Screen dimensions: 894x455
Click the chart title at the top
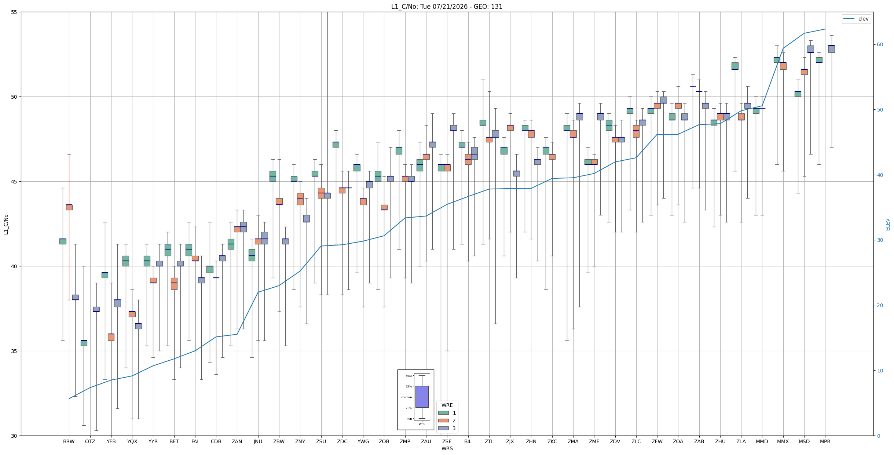(447, 7)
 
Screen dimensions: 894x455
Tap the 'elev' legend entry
(856, 19)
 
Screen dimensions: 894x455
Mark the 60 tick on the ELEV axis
(880, 45)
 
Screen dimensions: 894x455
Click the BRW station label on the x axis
(69, 442)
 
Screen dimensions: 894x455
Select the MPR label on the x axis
(825, 442)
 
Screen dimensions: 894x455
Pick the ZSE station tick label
(447, 442)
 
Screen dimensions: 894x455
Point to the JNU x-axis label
(258, 442)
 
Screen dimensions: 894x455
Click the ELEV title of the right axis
(888, 225)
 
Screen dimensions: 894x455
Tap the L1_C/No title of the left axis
(6, 225)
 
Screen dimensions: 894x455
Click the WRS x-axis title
(447, 448)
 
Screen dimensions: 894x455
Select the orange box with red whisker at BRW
(69, 207)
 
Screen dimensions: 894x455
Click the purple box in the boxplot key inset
(422, 397)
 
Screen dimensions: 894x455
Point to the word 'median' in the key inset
(406, 397)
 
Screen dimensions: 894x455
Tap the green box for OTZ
(84, 343)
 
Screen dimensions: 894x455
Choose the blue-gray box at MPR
(832, 49)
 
